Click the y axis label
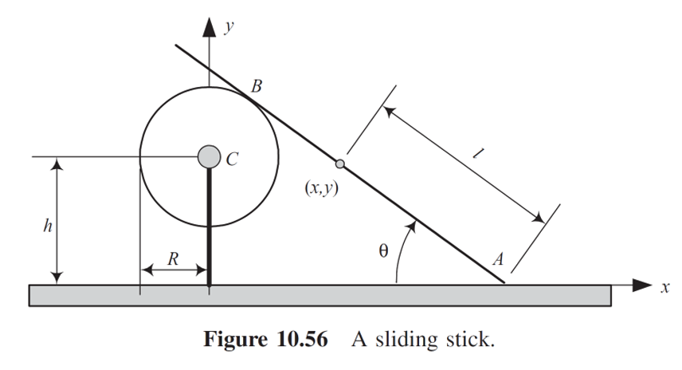[x=229, y=26]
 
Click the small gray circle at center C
[x=209, y=157]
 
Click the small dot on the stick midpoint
[x=340, y=164]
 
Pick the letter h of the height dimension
[x=47, y=226]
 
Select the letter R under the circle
[x=173, y=258]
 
